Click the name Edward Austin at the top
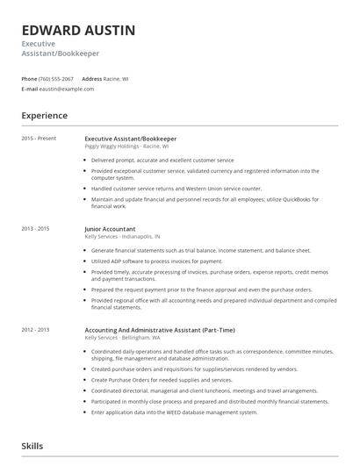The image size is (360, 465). pyautogui.click(x=78, y=31)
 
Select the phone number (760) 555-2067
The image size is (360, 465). pyautogui.click(x=57, y=78)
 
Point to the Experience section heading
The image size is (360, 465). pyautogui.click(x=45, y=115)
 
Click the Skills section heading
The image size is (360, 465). pyautogui.click(x=32, y=446)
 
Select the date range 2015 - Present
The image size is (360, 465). pyautogui.click(x=39, y=139)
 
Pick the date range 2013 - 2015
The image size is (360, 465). pyautogui.click(x=37, y=229)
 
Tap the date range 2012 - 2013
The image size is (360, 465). pyautogui.click(x=37, y=330)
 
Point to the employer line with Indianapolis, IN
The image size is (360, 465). pyautogui.click(x=122, y=236)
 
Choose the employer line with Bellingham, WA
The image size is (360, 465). pyautogui.click(x=122, y=337)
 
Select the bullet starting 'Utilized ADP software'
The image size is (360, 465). pyautogui.click(x=156, y=261)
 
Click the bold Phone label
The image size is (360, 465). pyautogui.click(x=29, y=78)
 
